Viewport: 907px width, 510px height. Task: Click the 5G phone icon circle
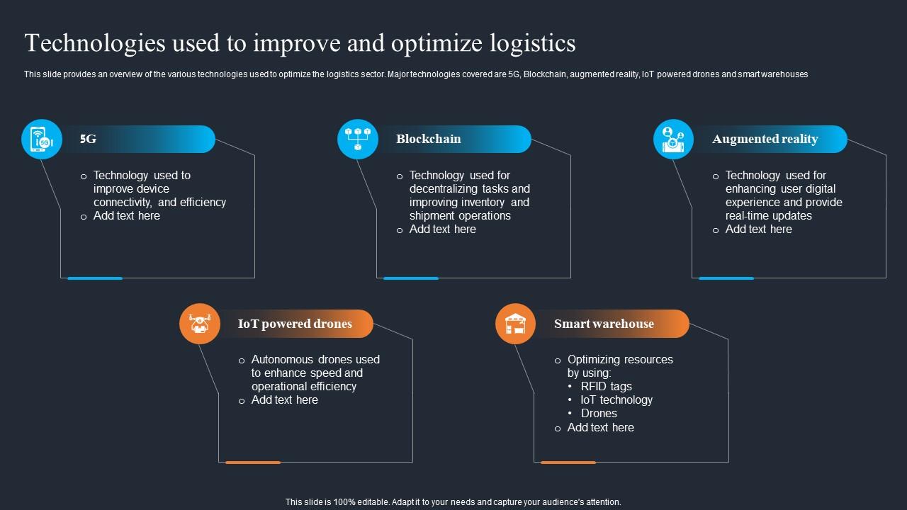click(x=42, y=140)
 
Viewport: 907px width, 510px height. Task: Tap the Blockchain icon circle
click(x=358, y=140)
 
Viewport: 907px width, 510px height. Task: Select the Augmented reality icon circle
click(x=673, y=140)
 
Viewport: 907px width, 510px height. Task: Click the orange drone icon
click(x=200, y=324)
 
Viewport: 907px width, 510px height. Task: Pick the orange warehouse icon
click(x=515, y=324)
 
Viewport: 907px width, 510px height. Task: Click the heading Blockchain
click(x=428, y=139)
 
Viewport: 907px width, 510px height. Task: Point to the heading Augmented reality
click(x=765, y=139)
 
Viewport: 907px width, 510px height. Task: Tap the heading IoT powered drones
click(x=295, y=324)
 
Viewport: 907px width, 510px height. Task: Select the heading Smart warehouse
click(x=604, y=324)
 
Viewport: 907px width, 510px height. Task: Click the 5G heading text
click(x=88, y=139)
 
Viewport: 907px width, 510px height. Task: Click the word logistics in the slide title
click(x=532, y=43)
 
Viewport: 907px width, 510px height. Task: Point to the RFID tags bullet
click(x=606, y=386)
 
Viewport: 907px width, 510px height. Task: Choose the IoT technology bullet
click(x=616, y=399)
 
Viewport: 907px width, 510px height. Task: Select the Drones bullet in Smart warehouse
click(x=599, y=413)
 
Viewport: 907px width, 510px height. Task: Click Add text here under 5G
click(x=126, y=215)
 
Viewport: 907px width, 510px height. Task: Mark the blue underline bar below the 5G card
click(x=95, y=278)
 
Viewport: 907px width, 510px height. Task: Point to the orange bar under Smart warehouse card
click(x=568, y=463)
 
